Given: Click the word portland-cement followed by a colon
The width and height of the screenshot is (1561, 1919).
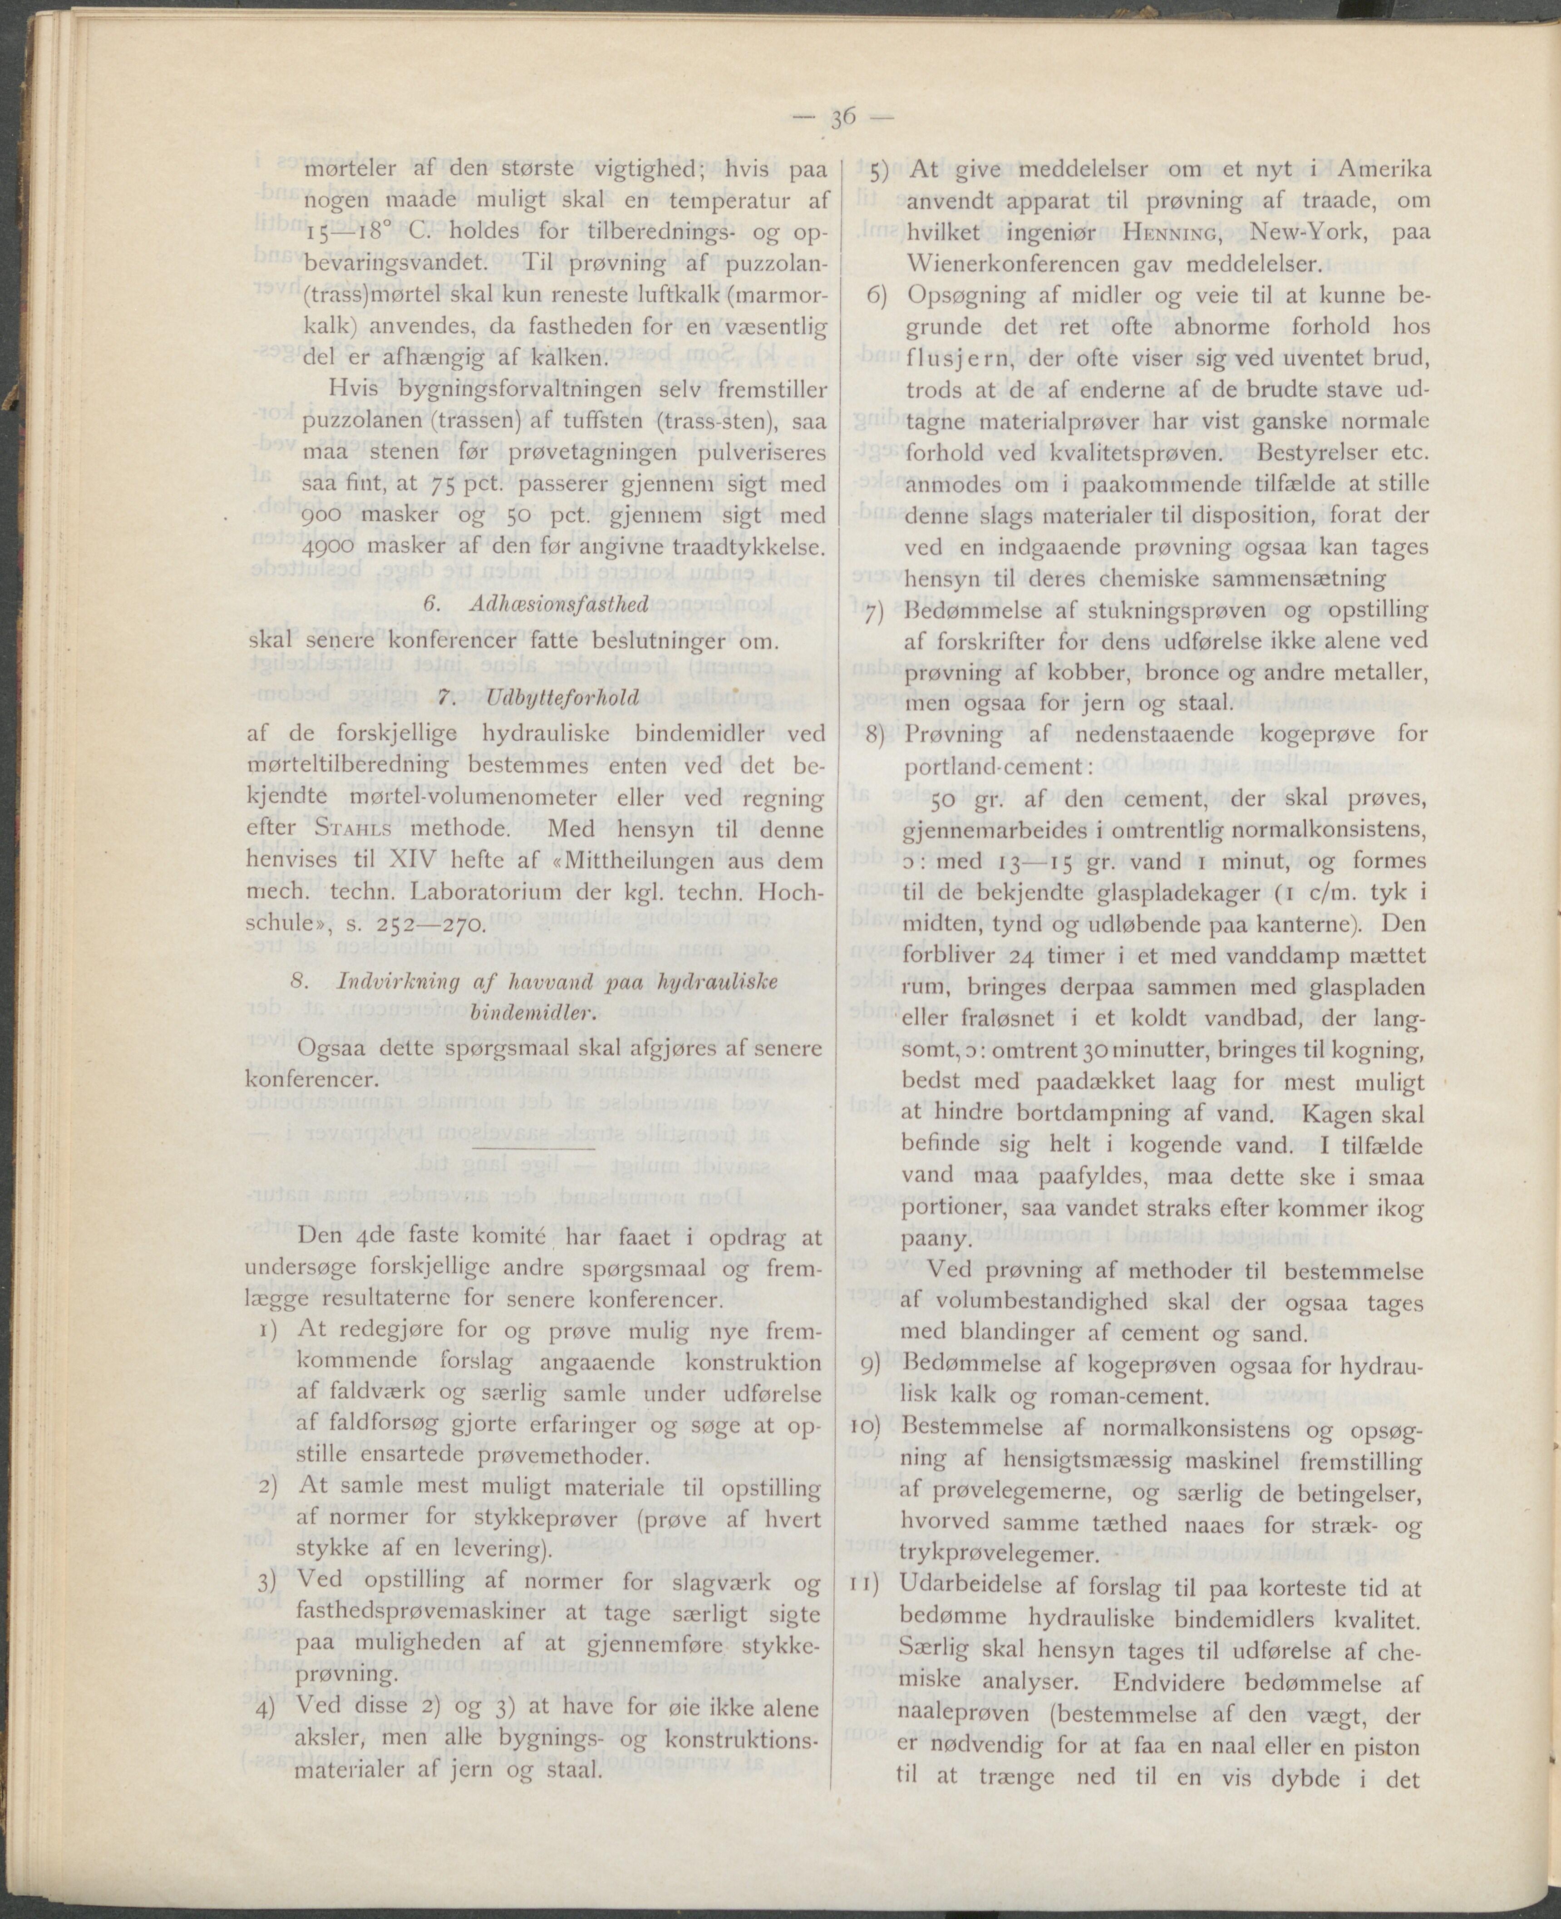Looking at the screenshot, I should pyautogui.click(x=996, y=767).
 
